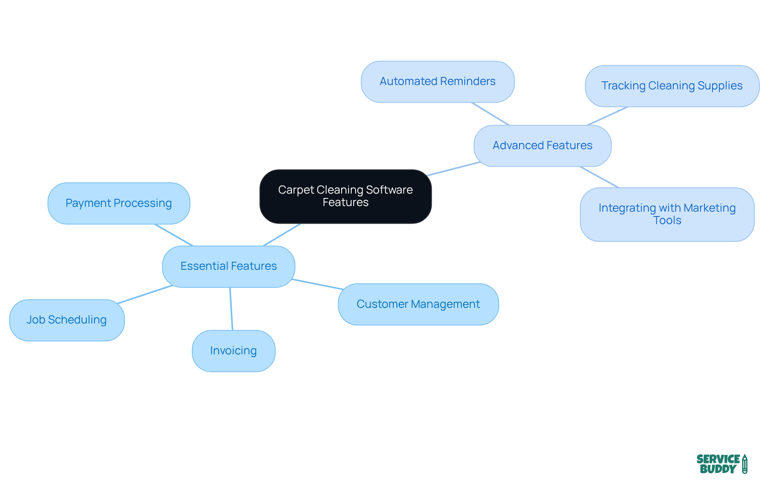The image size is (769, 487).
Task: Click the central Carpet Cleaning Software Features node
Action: click(345, 196)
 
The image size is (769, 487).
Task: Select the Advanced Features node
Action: click(542, 145)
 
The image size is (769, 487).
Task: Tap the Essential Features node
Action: click(228, 266)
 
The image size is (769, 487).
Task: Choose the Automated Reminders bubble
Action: click(437, 81)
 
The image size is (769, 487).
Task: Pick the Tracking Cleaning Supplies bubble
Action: click(672, 86)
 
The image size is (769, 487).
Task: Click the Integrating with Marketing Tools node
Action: click(667, 214)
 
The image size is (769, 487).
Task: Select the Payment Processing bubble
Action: click(119, 203)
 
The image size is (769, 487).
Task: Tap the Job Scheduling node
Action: click(66, 320)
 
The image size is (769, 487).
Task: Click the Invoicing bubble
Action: click(234, 351)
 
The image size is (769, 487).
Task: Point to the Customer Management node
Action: click(418, 304)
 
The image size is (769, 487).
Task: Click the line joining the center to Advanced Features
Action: click(453, 169)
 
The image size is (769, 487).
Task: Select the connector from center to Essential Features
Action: click(282, 234)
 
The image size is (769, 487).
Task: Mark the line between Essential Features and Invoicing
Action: click(231, 309)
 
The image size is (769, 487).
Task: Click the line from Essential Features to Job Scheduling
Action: click(145, 295)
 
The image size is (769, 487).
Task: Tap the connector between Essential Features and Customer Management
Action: click(317, 284)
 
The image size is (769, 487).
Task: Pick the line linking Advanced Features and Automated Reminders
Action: click(490, 114)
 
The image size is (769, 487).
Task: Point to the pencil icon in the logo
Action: click(745, 464)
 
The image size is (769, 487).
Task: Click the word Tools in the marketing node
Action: click(667, 220)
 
